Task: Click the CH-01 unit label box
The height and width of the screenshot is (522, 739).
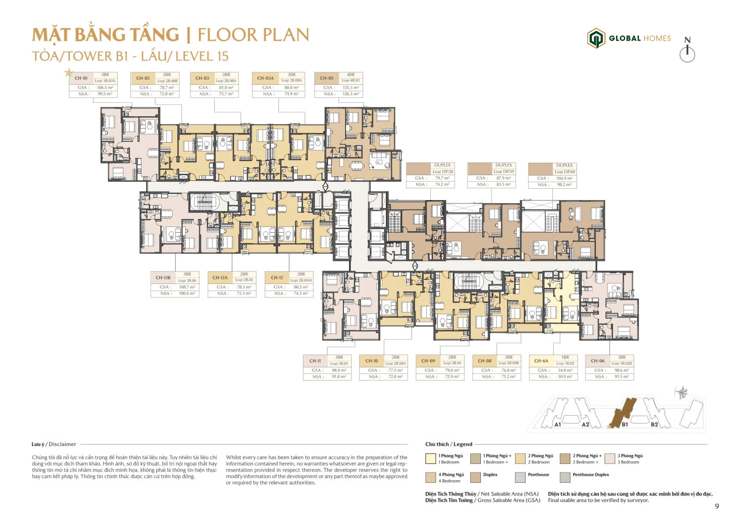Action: click(81, 78)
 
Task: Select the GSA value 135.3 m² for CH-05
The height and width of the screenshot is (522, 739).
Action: click(350, 88)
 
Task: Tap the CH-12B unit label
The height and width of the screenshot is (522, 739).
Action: click(163, 278)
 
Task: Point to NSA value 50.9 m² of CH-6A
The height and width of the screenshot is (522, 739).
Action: click(565, 377)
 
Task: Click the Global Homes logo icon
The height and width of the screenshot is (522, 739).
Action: click(596, 38)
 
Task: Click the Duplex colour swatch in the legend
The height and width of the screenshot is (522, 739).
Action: click(475, 477)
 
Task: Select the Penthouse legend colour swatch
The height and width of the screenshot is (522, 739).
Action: click(520, 477)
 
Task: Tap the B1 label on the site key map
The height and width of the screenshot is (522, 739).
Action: click(625, 424)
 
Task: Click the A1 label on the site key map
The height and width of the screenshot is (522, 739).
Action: click(558, 424)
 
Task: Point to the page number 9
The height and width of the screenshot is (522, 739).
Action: click(717, 506)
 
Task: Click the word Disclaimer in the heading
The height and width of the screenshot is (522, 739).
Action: click(62, 444)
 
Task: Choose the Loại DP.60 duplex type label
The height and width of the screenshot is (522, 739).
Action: click(565, 172)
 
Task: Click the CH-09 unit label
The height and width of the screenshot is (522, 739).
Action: click(428, 361)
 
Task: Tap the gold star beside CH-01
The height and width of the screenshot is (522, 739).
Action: click(69, 72)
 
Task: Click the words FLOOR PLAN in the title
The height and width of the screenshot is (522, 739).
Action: click(253, 35)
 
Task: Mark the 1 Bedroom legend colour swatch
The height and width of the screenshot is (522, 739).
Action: click(430, 459)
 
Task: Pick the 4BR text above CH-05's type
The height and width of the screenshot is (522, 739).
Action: click(351, 75)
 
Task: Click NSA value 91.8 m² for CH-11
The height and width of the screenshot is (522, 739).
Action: click(339, 377)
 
